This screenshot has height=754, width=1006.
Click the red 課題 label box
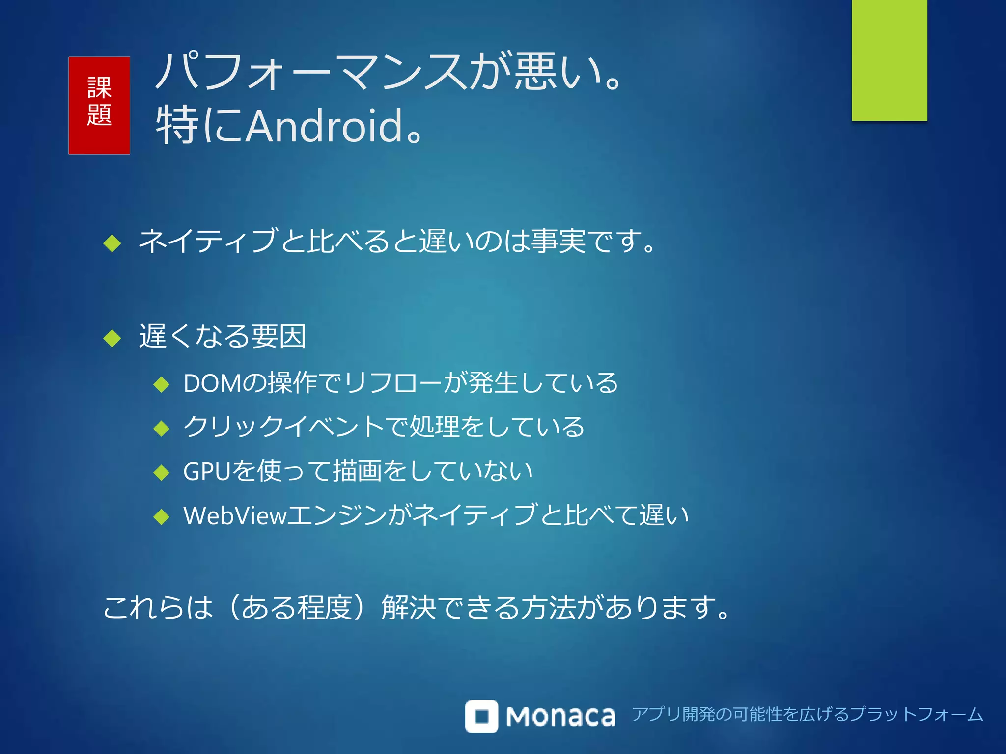99,105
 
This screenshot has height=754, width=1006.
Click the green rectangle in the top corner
889,60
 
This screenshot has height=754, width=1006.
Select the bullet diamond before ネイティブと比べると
112,242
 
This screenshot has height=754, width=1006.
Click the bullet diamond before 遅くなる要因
112,338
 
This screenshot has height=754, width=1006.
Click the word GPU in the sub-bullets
207,471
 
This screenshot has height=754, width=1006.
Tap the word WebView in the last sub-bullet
235,515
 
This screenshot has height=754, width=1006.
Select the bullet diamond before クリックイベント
161,428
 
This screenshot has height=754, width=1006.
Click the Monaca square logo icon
481,716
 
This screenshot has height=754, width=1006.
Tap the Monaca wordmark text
560,717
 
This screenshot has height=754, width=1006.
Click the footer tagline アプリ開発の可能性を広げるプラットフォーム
807,714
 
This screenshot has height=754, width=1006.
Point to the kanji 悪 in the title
535,72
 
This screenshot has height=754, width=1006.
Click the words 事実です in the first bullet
587,242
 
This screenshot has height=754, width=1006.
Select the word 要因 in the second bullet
279,337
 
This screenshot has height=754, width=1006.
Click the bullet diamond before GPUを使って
161,472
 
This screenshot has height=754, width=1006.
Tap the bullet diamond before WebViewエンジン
161,516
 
